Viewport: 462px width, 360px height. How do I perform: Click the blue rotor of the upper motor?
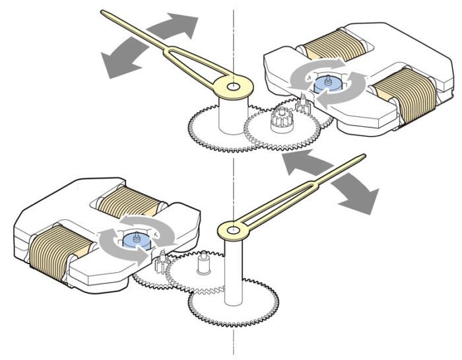point(324,85)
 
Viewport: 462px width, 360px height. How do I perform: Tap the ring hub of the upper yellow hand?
point(233,86)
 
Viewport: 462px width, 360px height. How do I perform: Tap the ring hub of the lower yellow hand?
point(231,230)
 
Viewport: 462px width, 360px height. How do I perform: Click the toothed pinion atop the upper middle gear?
point(278,122)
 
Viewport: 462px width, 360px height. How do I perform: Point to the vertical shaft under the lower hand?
point(232,271)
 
